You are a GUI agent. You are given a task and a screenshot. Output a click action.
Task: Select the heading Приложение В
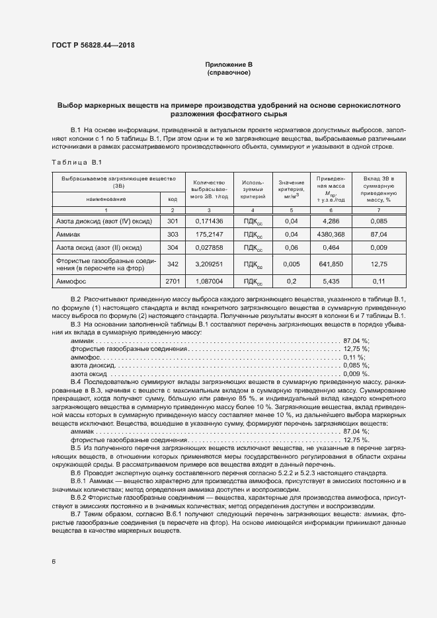(229, 64)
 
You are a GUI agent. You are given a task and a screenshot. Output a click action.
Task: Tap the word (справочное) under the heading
(229, 72)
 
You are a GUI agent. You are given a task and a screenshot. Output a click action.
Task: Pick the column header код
(172, 198)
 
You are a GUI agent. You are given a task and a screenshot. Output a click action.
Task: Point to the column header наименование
(106, 198)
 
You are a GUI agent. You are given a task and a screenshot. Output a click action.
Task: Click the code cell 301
(173, 220)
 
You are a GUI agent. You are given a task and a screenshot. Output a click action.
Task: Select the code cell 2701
(173, 281)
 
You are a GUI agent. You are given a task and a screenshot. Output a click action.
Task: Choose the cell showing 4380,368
(328, 234)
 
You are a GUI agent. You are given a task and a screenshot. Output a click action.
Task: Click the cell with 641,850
(328, 264)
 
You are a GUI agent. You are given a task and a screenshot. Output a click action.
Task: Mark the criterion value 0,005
(291, 264)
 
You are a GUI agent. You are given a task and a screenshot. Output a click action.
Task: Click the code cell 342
(173, 264)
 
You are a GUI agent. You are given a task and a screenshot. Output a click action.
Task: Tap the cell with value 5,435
(328, 281)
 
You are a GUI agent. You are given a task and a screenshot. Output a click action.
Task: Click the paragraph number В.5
(75, 447)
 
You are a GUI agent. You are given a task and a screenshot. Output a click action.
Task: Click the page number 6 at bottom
(54, 561)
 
